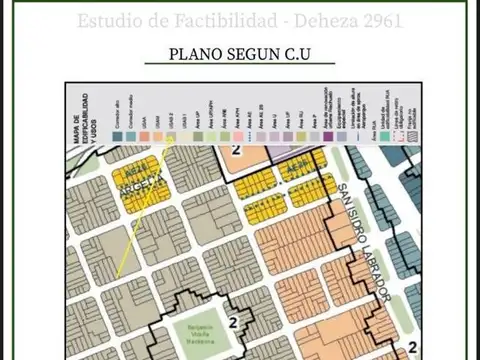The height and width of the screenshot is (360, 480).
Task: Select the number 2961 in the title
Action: [381, 20]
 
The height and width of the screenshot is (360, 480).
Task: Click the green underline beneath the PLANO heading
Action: [240, 66]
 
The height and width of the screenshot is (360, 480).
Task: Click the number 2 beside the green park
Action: [233, 321]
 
